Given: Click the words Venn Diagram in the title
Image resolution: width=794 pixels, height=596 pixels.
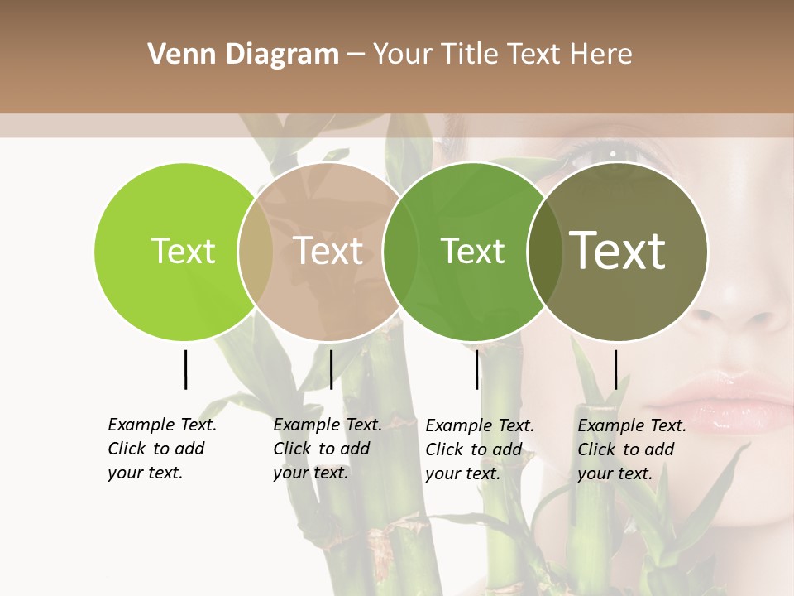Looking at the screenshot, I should [243, 55].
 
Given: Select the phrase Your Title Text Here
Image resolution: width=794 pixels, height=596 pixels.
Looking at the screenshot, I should [502, 55].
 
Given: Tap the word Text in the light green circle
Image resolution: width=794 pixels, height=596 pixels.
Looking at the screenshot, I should [183, 251].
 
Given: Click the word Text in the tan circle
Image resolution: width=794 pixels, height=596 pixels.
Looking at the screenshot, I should [328, 251].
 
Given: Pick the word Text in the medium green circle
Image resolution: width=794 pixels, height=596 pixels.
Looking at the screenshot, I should [472, 251].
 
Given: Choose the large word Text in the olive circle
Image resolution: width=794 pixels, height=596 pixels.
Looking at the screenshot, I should [617, 250].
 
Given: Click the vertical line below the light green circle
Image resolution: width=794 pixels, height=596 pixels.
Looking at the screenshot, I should [185, 369].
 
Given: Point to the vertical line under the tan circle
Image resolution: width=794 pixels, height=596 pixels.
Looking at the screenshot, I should [331, 369].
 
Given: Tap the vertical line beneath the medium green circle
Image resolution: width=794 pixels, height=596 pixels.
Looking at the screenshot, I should [476, 369].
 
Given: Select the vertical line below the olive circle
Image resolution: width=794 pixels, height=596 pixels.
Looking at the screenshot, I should [615, 369].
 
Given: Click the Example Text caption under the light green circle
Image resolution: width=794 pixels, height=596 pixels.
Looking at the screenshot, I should [162, 449].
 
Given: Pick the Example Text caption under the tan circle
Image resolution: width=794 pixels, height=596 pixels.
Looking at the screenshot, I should [328, 449].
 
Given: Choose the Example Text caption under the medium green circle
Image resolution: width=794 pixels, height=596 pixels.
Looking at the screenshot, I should [480, 449].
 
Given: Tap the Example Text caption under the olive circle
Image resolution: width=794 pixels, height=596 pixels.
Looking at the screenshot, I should [632, 449].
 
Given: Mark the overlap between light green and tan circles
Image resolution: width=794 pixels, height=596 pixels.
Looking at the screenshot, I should [256, 252].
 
